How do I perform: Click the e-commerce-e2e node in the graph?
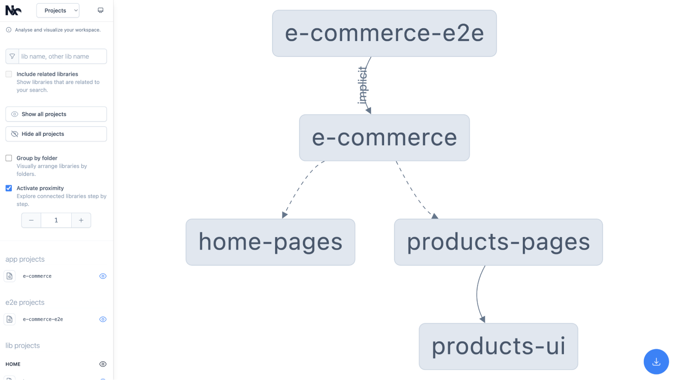click(384, 33)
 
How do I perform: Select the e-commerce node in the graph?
click(384, 137)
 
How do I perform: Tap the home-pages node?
click(270, 242)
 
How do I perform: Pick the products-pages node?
click(498, 242)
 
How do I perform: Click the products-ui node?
click(498, 346)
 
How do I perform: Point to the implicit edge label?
click(363, 85)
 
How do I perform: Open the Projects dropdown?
click(58, 10)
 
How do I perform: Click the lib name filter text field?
click(63, 56)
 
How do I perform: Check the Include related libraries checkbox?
click(9, 74)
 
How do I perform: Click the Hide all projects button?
click(56, 134)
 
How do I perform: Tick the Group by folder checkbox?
click(9, 158)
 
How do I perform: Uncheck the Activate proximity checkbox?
click(9, 188)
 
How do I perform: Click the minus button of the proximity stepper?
click(31, 220)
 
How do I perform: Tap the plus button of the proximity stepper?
click(81, 220)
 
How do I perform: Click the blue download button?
click(656, 362)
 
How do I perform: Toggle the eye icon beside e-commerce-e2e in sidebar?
click(103, 319)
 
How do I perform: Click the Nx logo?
click(13, 10)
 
